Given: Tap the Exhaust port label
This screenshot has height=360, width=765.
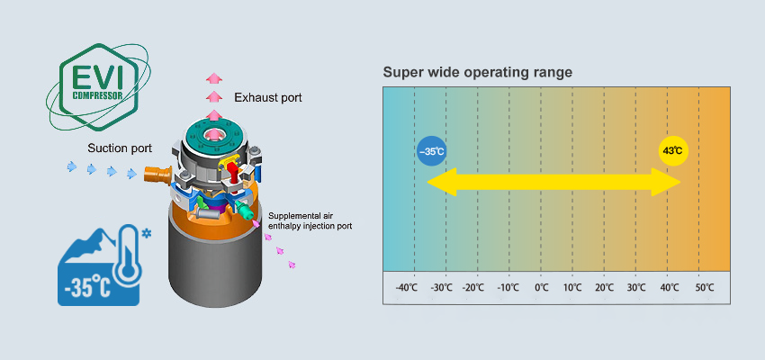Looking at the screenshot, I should point(268,96).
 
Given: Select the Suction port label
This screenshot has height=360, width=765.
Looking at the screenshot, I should point(120,148).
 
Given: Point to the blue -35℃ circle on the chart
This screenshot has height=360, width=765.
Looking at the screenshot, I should point(433,151).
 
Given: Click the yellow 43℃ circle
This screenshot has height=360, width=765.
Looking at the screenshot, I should point(672,151).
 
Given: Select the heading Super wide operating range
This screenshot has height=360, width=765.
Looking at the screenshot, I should point(478,72).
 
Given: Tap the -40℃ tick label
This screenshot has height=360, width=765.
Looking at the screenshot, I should point(407,287).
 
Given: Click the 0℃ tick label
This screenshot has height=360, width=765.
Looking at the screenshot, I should point(541,287).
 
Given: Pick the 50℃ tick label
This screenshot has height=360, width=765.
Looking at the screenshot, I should point(705,287).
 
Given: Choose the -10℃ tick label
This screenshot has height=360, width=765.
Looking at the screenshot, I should point(508,287).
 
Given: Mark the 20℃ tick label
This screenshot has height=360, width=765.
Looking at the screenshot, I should point(605,287).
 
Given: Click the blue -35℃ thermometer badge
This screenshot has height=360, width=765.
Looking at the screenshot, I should point(99,265).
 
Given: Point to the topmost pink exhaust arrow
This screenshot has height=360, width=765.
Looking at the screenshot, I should point(213,78).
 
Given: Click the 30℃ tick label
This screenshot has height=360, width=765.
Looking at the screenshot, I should point(636,287).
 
